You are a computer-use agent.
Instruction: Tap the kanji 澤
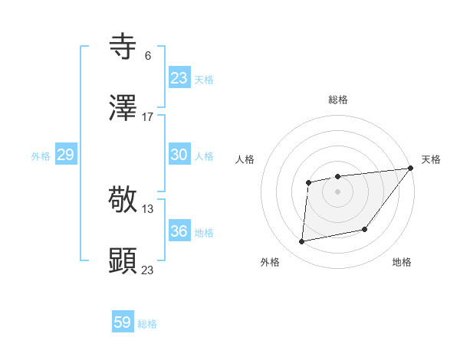pos(123,109)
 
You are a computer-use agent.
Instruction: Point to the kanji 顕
pos(123,261)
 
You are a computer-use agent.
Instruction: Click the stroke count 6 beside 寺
pos(147,55)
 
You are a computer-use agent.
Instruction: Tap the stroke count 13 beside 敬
pos(148,208)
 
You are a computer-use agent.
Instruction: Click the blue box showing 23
pos(179,78)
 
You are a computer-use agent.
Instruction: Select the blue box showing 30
pos(179,155)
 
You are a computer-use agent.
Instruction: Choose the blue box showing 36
pos(179,231)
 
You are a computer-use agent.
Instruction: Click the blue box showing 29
pos(65,155)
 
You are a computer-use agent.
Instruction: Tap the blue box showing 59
pos(123,322)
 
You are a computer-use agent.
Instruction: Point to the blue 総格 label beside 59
pos(147,324)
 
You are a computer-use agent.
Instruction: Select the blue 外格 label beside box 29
pos(41,156)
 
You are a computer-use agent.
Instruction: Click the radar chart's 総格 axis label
pos(337,100)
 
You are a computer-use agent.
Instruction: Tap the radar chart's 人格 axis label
pos(245,159)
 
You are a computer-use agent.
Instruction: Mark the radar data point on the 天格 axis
pos(410,168)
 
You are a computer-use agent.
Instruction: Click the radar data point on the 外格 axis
pos(302,242)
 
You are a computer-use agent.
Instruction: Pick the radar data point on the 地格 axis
pos(365,229)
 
